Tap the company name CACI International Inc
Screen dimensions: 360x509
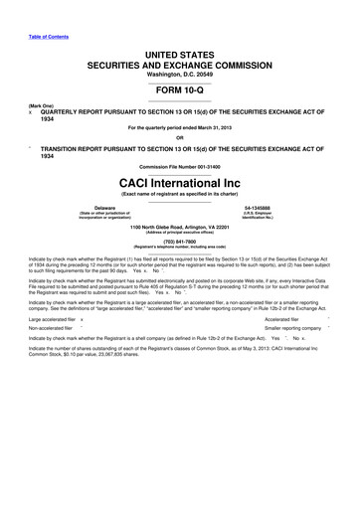click(180, 185)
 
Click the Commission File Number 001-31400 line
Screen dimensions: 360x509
click(180, 168)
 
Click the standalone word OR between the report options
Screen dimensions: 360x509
click(180, 137)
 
